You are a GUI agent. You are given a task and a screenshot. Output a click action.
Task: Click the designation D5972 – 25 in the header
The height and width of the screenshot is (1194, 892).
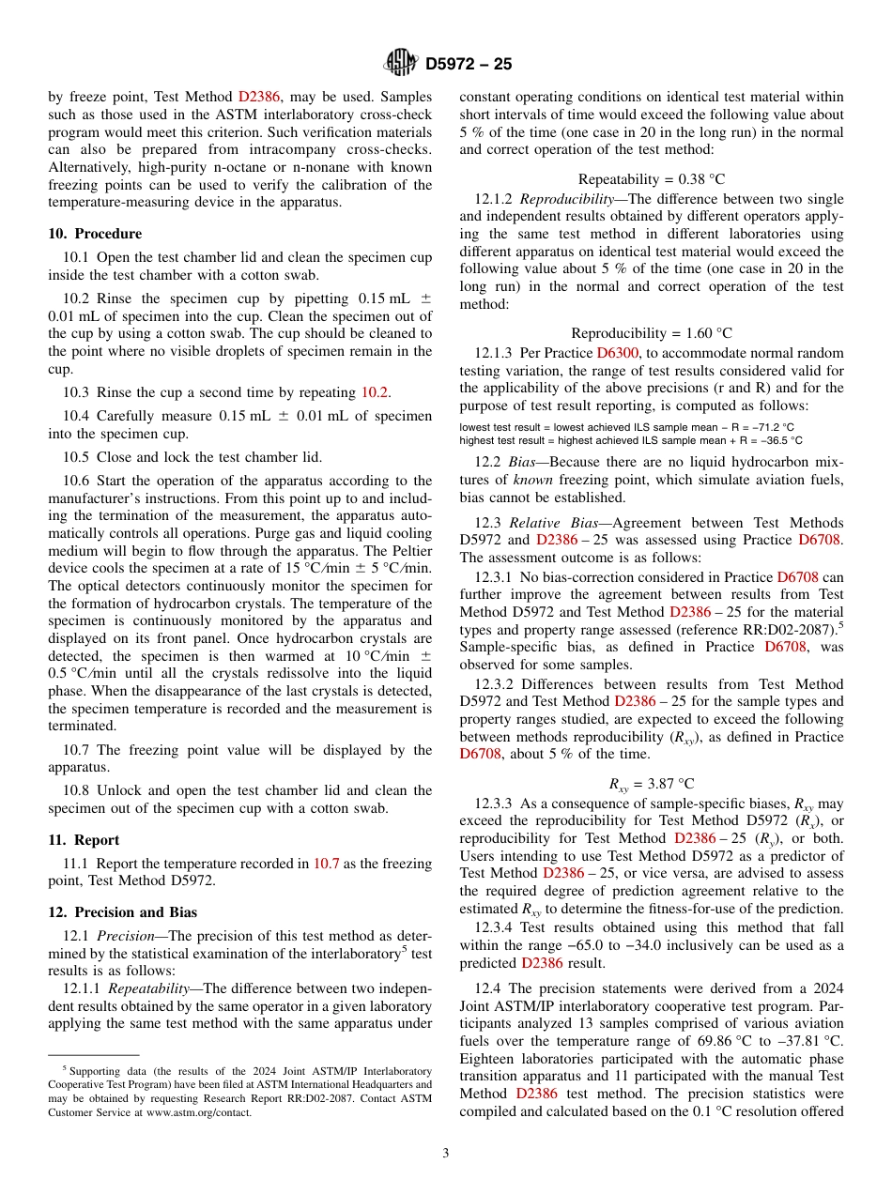point(469,65)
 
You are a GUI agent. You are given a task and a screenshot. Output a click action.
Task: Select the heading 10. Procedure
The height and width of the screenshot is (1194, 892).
point(95,234)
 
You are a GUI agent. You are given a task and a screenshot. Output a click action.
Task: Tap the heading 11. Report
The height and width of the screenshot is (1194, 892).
point(84,840)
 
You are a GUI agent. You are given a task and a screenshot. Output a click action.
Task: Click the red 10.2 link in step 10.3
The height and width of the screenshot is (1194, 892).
point(376,392)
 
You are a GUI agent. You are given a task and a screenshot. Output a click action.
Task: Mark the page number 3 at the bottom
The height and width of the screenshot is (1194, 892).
point(446,1154)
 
